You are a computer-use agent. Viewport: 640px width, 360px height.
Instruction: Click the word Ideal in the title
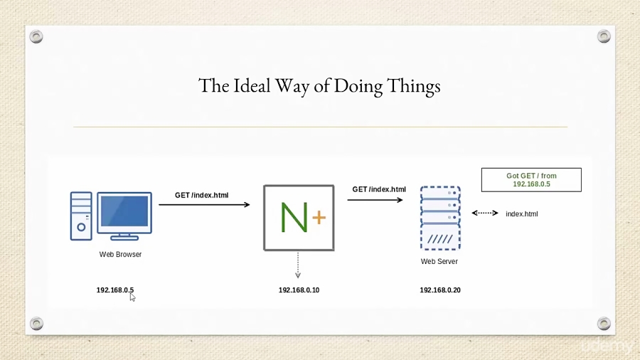point(252,85)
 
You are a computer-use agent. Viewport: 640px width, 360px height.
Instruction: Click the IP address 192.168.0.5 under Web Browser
point(115,290)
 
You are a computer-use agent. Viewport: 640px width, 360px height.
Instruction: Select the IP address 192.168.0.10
point(299,290)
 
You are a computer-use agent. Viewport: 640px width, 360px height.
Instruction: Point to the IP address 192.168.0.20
point(440,290)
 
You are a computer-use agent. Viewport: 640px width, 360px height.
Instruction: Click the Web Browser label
point(120,254)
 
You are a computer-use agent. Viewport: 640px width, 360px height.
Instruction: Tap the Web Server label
point(439,261)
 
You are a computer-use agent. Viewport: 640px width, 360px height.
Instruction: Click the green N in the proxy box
point(294,218)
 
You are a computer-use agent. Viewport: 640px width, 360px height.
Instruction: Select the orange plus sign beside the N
point(319,217)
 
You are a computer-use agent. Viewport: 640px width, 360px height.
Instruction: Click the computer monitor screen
point(124,211)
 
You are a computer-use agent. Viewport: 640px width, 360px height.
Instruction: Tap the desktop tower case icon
point(81,216)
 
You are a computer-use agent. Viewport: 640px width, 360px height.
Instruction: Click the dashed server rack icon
point(440,218)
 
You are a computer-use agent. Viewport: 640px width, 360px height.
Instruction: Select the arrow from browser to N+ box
point(204,204)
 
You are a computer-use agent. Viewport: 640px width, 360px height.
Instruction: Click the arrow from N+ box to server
point(375,200)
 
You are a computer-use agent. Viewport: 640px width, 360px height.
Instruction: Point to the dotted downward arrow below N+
point(298,265)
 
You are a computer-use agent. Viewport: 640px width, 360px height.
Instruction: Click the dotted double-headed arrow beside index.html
point(485,213)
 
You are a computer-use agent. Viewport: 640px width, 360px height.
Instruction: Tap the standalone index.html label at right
point(522,214)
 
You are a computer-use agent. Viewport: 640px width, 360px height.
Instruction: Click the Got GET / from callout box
point(531,179)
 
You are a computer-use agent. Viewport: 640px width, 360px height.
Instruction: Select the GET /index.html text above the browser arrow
point(202,195)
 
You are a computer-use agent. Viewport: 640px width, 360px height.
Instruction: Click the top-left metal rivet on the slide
point(36,37)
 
